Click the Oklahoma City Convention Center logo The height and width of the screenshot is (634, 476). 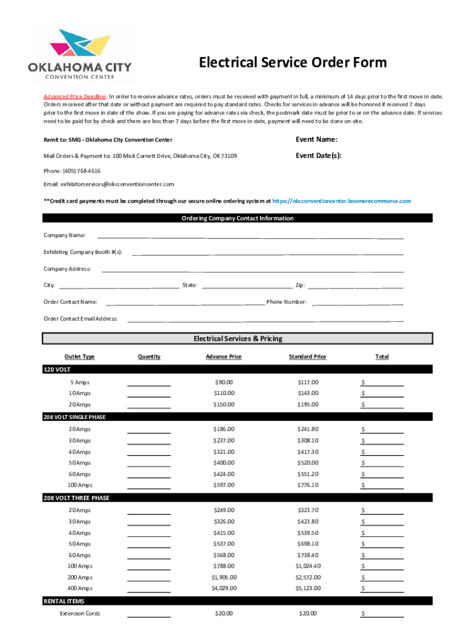pos(80,54)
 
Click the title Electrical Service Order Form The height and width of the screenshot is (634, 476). pos(292,63)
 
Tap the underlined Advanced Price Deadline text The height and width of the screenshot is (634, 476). pos(75,97)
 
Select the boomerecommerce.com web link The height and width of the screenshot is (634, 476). pos(342,201)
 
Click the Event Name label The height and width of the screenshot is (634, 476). pos(316,139)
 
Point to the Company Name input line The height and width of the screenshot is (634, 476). pos(250,237)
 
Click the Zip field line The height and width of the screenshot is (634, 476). pos(355,287)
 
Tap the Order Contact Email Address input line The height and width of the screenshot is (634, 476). pos(265,320)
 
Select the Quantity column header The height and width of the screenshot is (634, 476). pos(149,357)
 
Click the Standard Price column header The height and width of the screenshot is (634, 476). pos(307,357)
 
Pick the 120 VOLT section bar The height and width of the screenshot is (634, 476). pos(237,369)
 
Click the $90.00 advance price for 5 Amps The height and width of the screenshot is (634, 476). pos(224,382)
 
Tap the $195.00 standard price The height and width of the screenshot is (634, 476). pos(307,404)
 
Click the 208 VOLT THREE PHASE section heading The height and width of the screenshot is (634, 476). pos(76,498)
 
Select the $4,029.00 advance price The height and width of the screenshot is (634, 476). pos(224,588)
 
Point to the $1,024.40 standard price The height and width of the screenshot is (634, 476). pos(308,566)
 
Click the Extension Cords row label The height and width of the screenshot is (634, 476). pos(80,614)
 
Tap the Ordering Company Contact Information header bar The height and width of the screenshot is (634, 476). pos(237,218)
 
